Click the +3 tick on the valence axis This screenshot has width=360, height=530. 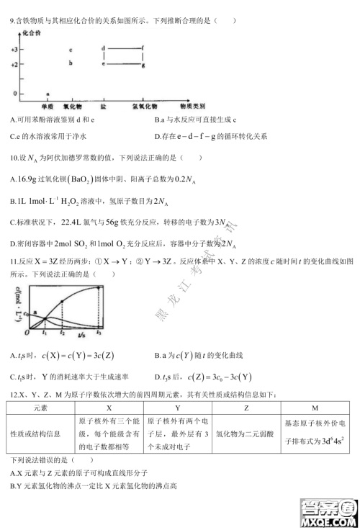pos(14,50)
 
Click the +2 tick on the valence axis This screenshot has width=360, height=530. pos(14,65)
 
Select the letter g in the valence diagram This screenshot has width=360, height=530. pos(143,66)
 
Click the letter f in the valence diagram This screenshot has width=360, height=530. pos(143,49)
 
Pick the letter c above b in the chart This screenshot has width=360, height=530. pos(70,50)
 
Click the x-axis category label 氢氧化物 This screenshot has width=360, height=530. pos(143,105)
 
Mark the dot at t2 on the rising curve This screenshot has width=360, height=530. pos(63,300)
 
